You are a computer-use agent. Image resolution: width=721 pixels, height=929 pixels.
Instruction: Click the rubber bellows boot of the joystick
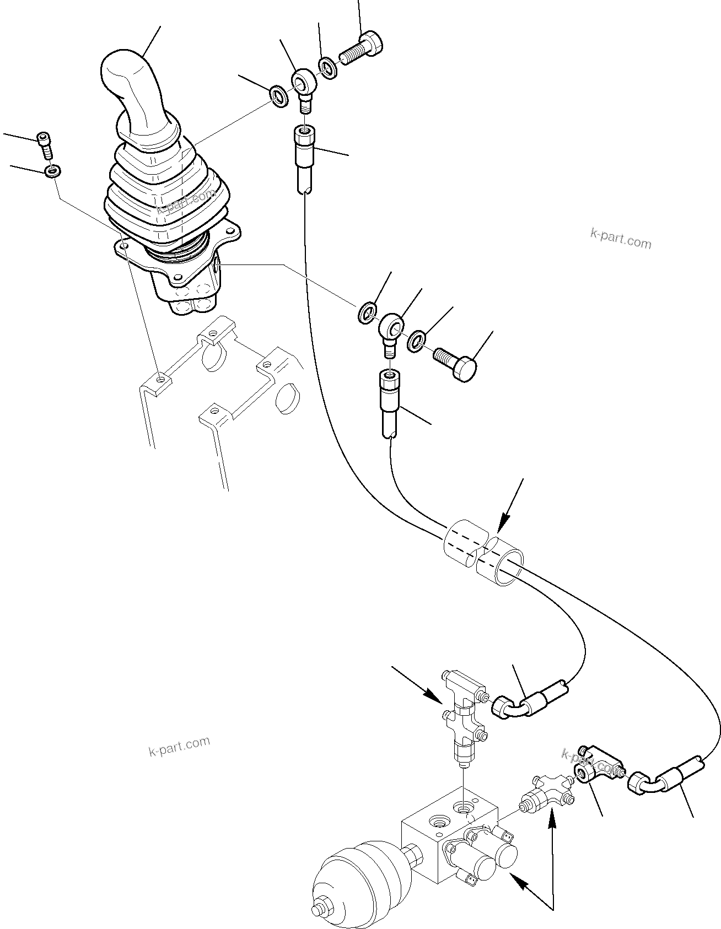165,187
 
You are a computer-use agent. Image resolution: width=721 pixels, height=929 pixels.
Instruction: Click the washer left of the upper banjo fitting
279,96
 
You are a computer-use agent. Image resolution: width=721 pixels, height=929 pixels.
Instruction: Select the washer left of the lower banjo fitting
367,312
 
